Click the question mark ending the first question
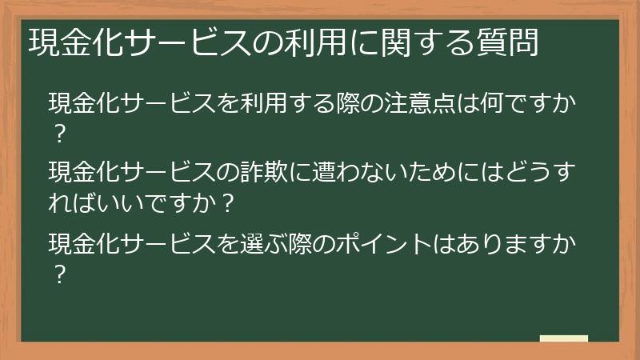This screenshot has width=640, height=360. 58,133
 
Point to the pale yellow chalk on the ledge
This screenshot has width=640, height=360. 564,339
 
